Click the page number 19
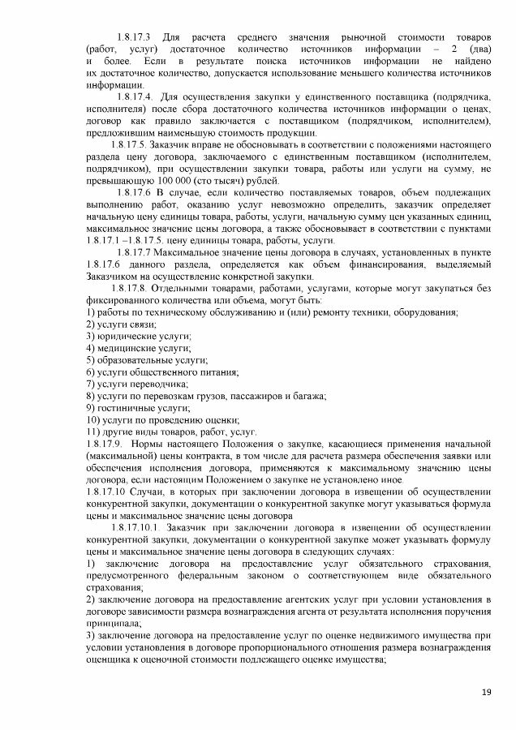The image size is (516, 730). pyautogui.click(x=487, y=691)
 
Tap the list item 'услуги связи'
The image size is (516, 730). pyautogui.click(x=128, y=324)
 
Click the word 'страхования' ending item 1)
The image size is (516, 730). pyautogui.click(x=112, y=588)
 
